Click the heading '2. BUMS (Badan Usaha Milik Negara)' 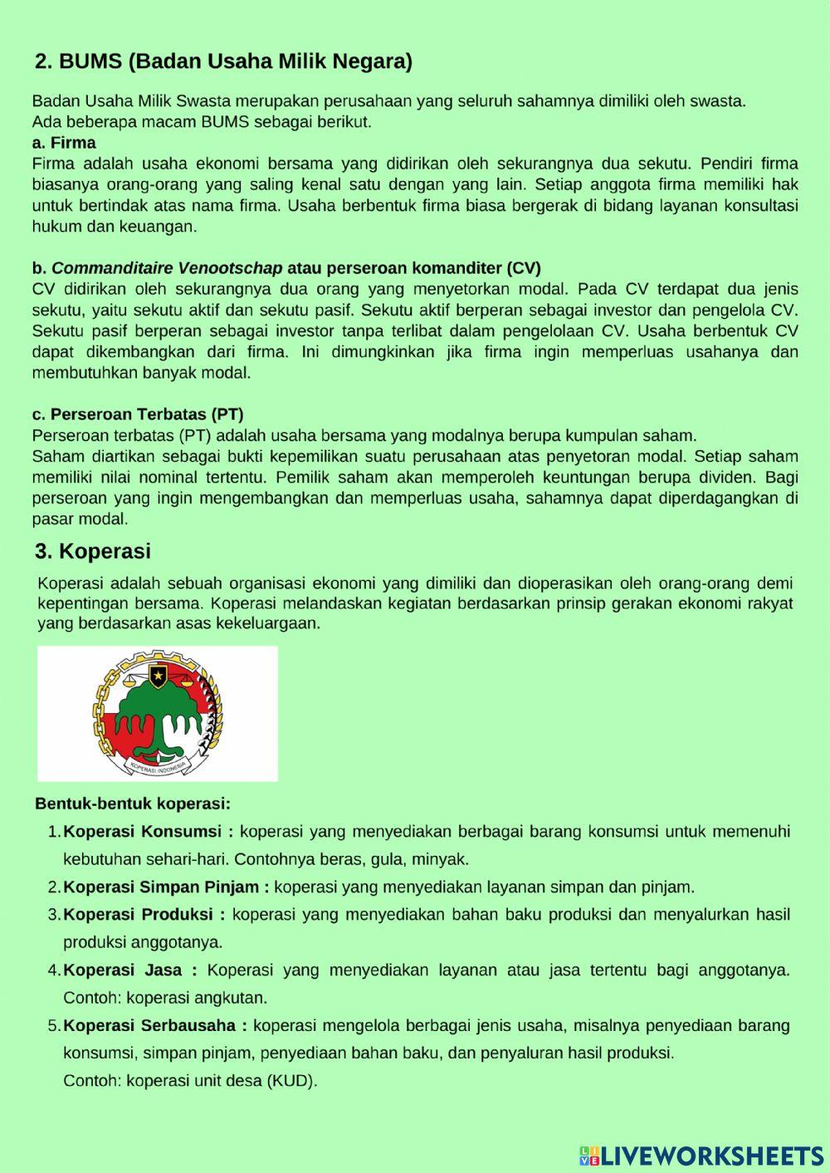point(223,61)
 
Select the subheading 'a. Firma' point(64,143)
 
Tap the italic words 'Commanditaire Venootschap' point(167,268)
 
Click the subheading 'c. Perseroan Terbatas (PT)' point(138,414)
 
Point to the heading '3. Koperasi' point(93,551)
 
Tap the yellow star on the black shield point(158,673)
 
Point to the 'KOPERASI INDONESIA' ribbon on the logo point(158,765)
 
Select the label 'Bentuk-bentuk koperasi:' point(133,804)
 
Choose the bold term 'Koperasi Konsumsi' point(143,832)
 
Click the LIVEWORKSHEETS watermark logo point(701,1156)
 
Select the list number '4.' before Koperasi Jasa point(54,970)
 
